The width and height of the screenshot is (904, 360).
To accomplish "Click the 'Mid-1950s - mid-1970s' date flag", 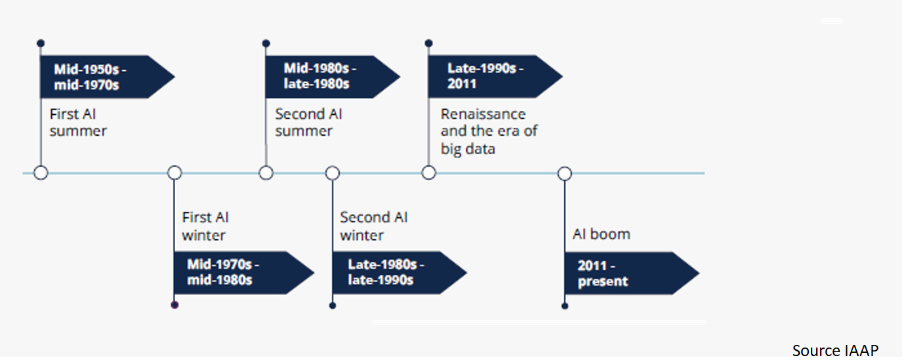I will pos(98,77).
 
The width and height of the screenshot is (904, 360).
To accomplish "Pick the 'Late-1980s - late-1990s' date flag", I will pos(390,273).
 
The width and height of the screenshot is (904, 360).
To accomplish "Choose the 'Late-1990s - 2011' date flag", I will pos(486,77).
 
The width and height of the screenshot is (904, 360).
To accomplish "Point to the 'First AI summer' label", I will pos(78,123).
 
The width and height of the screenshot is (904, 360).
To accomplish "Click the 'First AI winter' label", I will pos(205,226).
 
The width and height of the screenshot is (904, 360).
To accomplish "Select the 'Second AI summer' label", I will pos(308,123).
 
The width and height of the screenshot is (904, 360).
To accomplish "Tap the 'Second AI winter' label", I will pos(374,226).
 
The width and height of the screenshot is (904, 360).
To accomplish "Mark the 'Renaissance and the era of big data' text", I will pos(489,132).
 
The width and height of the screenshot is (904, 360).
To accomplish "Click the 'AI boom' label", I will pos(601,234).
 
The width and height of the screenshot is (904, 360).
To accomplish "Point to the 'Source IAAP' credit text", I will pos(834,350).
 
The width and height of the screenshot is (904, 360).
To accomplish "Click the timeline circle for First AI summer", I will pos(41,173).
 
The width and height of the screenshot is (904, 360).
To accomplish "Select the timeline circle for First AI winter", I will pos(175,173).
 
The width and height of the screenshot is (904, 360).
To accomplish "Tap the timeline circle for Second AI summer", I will pos(266,173).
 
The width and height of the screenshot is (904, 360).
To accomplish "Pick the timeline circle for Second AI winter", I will pos(333,173).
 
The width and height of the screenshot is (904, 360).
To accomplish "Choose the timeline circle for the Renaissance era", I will pos(428,173).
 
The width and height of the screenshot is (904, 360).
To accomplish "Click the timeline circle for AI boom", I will pos(564,174).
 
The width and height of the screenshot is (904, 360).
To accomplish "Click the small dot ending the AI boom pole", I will pos(564,305).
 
